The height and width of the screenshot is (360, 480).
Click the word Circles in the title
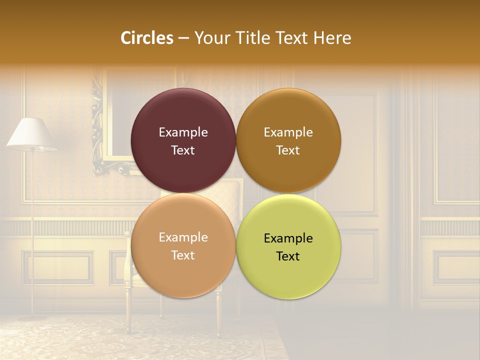click(147, 38)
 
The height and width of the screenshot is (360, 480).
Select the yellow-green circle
click(288, 275)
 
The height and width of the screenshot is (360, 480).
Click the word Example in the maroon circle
click(183, 132)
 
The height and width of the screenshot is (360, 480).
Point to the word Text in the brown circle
click(288, 150)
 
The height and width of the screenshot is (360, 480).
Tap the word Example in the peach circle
click(183, 237)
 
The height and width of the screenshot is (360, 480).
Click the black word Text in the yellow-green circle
click(288, 256)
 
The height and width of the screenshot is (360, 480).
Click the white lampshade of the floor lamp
click(31, 134)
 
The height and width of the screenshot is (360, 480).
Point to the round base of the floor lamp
click(33, 317)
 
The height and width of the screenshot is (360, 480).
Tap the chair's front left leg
click(128, 310)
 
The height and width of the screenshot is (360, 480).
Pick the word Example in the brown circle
click(288, 132)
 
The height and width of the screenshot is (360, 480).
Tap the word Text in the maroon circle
click(183, 150)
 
